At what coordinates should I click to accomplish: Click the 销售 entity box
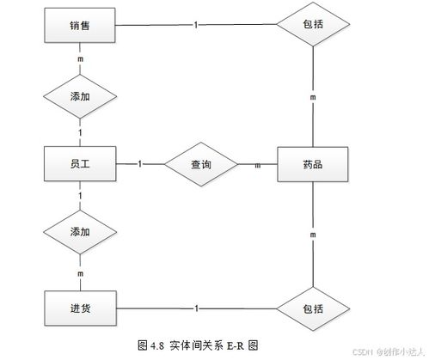(79, 26)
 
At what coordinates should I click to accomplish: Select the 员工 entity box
(79, 162)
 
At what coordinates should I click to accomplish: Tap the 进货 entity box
(79, 308)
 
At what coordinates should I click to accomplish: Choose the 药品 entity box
(313, 162)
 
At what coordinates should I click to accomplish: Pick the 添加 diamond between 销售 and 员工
(80, 96)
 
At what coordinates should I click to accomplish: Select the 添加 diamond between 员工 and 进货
(80, 231)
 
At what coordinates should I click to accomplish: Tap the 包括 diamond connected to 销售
(314, 26)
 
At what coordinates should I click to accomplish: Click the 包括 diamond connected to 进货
(314, 308)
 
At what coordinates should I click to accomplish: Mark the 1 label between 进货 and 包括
(199, 308)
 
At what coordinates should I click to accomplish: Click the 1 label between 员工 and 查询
(139, 162)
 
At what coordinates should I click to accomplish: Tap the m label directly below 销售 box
(80, 59)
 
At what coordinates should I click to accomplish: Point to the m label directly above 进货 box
(80, 272)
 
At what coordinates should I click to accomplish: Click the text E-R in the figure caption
(235, 345)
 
